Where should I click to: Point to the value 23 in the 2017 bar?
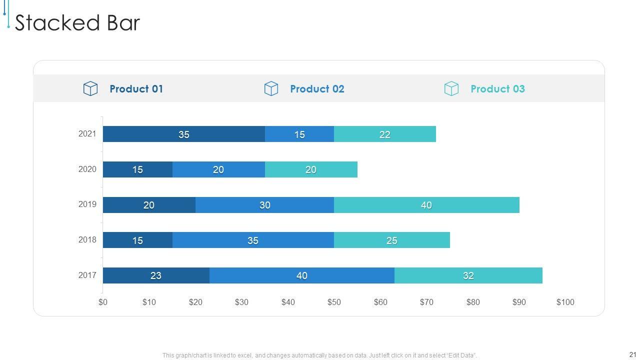tap(156, 275)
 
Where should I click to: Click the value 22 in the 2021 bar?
tap(384, 134)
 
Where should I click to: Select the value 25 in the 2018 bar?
tap(391, 240)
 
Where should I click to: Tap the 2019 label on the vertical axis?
tap(87, 204)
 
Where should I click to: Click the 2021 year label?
tap(87, 134)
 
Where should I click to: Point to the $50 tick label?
tap(334, 302)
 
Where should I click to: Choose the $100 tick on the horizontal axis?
tap(565, 302)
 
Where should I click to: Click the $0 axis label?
tap(103, 302)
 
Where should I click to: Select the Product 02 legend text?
tap(317, 89)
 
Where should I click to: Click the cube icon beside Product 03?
tap(451, 89)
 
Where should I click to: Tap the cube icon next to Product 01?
tap(90, 89)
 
